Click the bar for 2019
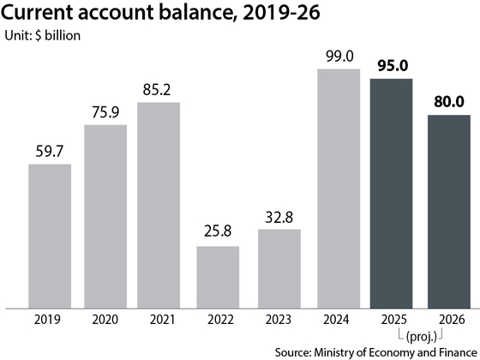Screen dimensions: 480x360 click(x=50, y=237)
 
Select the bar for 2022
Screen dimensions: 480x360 click(x=218, y=278)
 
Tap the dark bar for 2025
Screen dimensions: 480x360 click(x=391, y=194)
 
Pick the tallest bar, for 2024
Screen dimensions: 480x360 click(x=339, y=189)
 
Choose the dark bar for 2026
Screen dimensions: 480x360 click(x=449, y=212)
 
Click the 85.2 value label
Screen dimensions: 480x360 click(x=156, y=90)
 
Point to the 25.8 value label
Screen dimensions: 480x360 click(x=218, y=231)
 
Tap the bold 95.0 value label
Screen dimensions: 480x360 click(x=393, y=66)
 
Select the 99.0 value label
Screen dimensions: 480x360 click(x=339, y=57)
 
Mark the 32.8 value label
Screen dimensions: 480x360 click(x=279, y=217)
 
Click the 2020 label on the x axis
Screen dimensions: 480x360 click(x=105, y=320)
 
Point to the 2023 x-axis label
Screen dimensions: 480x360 click(x=279, y=320)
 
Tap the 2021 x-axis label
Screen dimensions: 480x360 click(x=162, y=320)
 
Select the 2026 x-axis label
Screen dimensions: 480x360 click(x=452, y=320)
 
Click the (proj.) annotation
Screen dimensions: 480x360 click(x=421, y=337)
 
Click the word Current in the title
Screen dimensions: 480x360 click(x=37, y=13)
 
